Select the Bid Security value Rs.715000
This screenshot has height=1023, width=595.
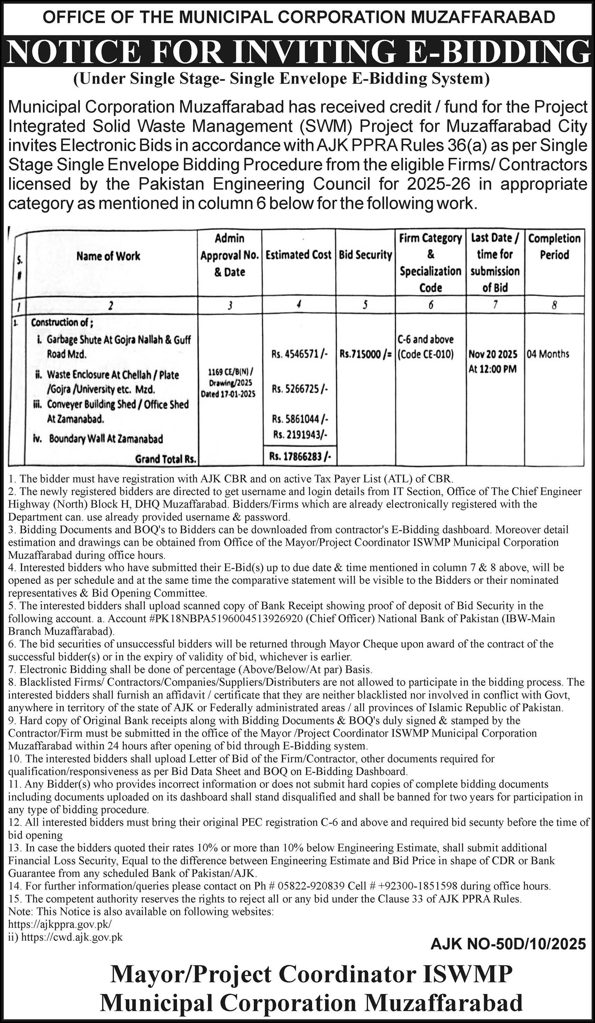click(x=365, y=354)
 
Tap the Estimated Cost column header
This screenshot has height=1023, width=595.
click(x=298, y=255)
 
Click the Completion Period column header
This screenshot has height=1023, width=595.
click(x=554, y=246)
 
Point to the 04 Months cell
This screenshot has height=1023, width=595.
click(x=548, y=354)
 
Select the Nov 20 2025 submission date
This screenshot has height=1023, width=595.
click(x=493, y=354)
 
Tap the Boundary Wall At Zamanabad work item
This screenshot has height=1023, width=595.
click(x=105, y=439)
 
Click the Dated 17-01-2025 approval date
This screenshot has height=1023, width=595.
click(x=228, y=394)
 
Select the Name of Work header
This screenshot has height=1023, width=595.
click(x=108, y=256)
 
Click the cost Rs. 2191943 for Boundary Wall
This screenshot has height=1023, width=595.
click(x=300, y=435)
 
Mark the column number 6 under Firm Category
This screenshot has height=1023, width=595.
click(x=430, y=305)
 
